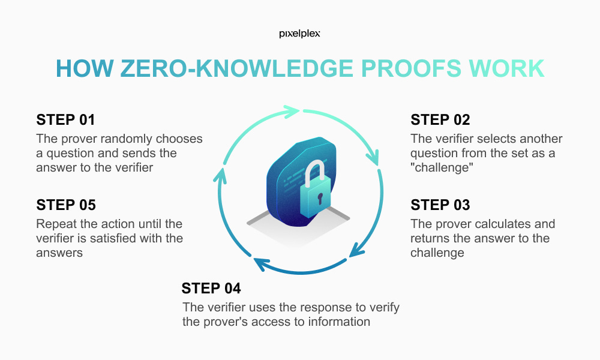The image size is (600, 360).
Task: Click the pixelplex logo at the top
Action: (x=299, y=34)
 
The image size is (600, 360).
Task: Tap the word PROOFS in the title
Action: (x=403, y=69)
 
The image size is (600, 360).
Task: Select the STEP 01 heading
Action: (x=65, y=119)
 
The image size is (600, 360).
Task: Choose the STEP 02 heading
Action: (x=440, y=119)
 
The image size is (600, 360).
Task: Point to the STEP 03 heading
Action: (x=440, y=205)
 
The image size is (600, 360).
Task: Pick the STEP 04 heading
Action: (x=211, y=289)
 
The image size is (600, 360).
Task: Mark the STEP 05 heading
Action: (x=65, y=205)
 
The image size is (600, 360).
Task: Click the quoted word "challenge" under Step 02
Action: (x=440, y=167)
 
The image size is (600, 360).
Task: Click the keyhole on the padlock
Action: (x=320, y=197)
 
